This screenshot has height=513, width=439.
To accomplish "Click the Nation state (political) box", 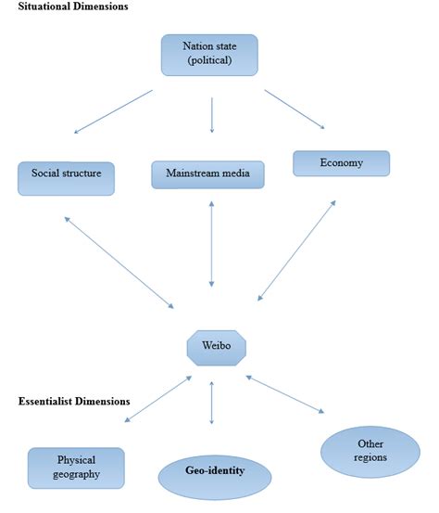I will pos(208,56).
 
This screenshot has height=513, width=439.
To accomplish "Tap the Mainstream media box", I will pos(207,175).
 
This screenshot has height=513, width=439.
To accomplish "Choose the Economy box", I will pos(341,163).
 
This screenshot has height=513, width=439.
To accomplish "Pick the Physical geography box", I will pos(76,467).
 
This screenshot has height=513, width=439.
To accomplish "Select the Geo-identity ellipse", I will pos(215,472).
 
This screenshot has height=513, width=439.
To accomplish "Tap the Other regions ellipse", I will pos(370,451).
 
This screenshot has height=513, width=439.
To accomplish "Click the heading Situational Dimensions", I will pos(73,6).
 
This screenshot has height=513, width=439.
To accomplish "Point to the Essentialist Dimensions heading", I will pos(74,402).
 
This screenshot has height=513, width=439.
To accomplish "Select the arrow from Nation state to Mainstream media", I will pos(212,115).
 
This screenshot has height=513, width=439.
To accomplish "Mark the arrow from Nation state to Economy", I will pos(294,109).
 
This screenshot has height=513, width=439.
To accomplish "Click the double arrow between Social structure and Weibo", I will pos(119,262).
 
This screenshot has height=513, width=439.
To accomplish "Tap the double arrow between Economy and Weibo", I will pos(296,250).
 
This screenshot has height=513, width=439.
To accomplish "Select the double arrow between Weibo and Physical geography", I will pos(158,399).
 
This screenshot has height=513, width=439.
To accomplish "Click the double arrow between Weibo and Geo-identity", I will pos(212,400).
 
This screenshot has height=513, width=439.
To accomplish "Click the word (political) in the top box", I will pos(208,63).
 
